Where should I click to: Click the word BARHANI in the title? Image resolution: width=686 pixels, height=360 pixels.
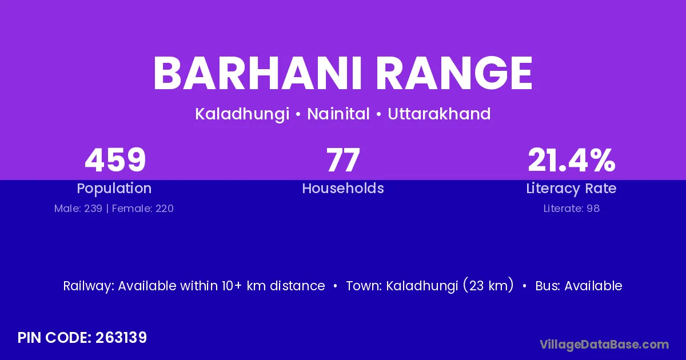(x=258, y=74)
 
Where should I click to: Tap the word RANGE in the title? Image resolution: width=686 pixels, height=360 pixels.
(x=454, y=74)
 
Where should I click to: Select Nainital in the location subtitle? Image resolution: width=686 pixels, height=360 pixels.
(x=338, y=114)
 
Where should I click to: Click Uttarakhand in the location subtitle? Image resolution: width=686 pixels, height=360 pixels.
(x=439, y=114)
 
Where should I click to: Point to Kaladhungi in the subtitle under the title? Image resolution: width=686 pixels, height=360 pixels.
(x=242, y=114)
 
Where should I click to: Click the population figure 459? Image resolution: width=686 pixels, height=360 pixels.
(x=115, y=160)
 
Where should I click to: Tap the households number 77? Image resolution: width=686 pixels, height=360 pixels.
(x=343, y=160)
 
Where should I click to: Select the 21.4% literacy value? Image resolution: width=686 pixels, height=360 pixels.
(x=572, y=160)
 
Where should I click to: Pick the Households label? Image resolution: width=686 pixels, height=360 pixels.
(x=343, y=188)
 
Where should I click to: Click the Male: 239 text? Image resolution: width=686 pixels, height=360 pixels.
(x=78, y=209)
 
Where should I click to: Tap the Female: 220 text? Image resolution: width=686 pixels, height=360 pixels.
(x=143, y=209)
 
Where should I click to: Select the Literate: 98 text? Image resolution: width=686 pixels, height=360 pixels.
(x=572, y=209)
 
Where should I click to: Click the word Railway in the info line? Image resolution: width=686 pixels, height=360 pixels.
(x=89, y=286)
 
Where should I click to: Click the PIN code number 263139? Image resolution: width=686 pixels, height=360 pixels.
(x=121, y=338)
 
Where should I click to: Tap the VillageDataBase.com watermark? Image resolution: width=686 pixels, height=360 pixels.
(x=604, y=345)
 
